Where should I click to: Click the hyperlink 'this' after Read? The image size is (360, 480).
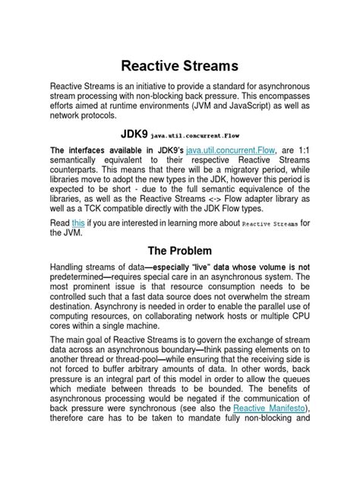78,223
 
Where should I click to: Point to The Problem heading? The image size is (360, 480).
179,253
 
